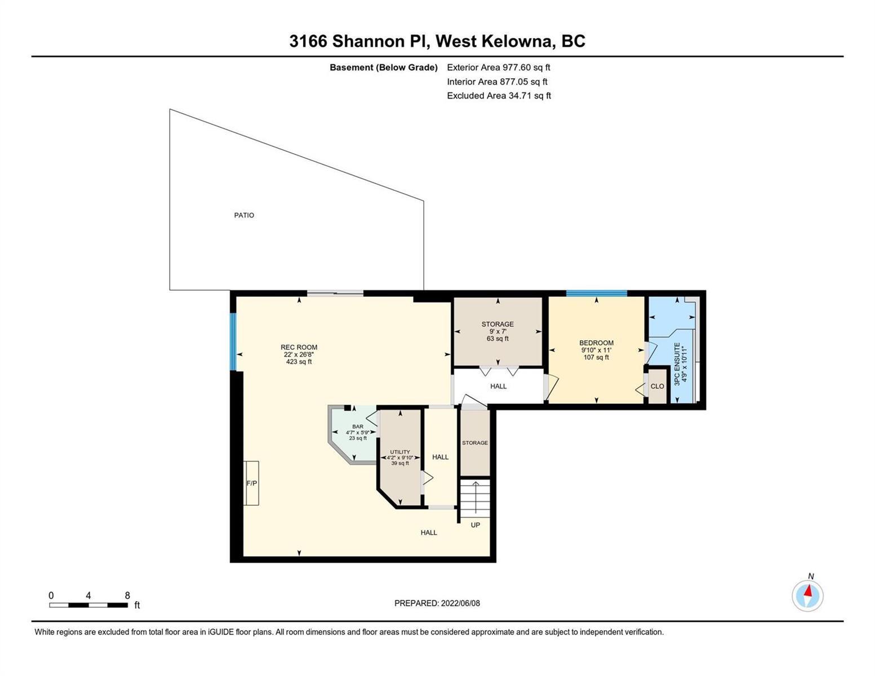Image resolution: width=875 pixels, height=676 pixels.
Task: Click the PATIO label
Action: (244, 215)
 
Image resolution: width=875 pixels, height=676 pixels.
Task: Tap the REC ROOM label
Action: (299, 347)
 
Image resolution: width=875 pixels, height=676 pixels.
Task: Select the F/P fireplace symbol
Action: (251, 483)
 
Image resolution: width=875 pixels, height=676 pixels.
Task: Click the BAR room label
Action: (358, 426)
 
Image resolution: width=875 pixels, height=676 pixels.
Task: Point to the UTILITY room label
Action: (400, 452)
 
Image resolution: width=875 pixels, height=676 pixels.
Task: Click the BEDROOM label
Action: (596, 343)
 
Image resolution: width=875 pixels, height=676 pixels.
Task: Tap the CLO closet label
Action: (657, 386)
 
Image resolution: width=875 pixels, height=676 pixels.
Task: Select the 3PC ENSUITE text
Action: (677, 364)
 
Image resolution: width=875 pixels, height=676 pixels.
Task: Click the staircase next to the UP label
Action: (475, 499)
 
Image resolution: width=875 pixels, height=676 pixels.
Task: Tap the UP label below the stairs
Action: (475, 525)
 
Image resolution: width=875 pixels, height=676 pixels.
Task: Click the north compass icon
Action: (807, 595)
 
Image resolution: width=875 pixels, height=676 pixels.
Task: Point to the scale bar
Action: (88, 604)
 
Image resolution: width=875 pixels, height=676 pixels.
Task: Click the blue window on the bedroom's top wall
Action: (596, 293)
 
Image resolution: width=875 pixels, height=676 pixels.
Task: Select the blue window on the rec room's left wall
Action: (233, 341)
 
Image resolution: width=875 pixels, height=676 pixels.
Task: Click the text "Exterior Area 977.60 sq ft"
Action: (499, 67)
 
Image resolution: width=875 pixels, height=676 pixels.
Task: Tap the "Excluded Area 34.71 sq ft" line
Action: (499, 95)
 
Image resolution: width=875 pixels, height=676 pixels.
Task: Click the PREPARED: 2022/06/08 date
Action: (437, 603)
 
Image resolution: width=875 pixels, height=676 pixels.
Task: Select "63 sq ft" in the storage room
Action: (498, 339)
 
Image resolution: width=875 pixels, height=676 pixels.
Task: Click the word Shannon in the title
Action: (368, 41)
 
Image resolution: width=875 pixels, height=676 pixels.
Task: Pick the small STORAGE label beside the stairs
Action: (475, 443)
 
